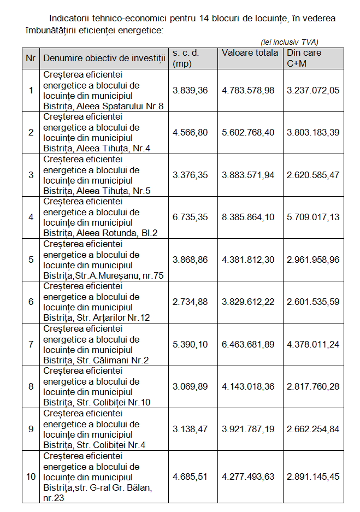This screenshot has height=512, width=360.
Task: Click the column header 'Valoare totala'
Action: point(250,53)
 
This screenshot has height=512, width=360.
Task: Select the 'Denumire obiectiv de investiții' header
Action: point(104,58)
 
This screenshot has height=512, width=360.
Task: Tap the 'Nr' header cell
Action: point(31,58)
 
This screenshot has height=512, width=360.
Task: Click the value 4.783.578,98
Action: point(248,90)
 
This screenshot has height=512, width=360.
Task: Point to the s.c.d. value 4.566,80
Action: point(190,132)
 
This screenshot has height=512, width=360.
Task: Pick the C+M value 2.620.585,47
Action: point(313,175)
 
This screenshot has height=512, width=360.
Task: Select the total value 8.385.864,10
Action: point(248,217)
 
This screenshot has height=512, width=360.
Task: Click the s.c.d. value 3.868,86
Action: point(190,260)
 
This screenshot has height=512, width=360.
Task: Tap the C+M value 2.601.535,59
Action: point(313,302)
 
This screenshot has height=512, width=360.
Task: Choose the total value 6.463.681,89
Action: point(248,344)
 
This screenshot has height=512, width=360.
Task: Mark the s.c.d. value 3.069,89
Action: point(190,386)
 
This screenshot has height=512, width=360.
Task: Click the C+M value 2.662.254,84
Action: point(313,429)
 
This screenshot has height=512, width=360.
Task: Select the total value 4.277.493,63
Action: point(248,476)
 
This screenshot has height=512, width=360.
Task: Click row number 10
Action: point(31,476)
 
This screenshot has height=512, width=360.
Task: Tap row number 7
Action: point(31,344)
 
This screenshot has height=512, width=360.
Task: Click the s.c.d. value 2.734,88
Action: point(190,302)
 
